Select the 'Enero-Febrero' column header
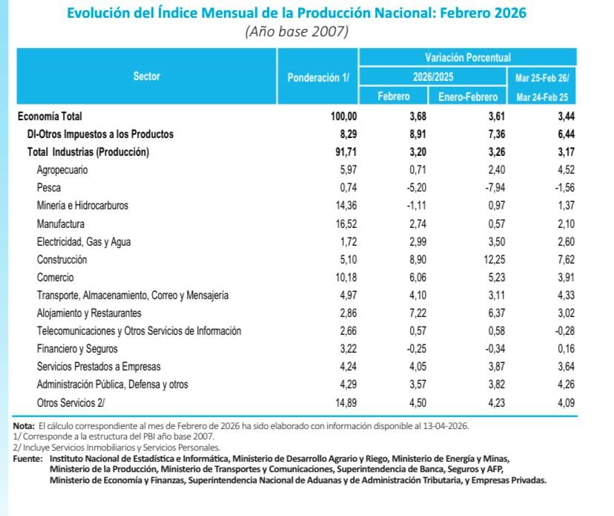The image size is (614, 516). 467,97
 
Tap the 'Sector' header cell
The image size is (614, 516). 146,76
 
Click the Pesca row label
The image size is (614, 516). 48,188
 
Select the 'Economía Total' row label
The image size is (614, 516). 50,116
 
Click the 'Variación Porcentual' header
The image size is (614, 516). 467,57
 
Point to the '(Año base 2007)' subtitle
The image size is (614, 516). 297,32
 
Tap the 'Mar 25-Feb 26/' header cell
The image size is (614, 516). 541,77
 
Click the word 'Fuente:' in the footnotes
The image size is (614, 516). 28,459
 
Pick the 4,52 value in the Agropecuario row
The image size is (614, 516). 565,170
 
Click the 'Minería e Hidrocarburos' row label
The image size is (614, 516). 82,206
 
